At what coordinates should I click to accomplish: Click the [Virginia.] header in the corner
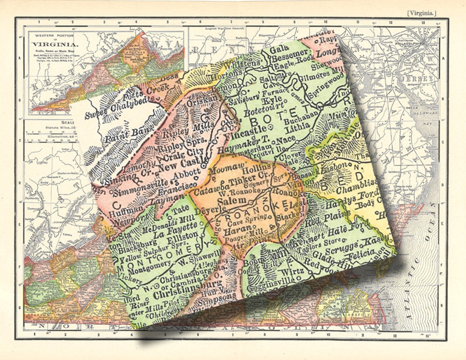pyautogui.click(x=422, y=13)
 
